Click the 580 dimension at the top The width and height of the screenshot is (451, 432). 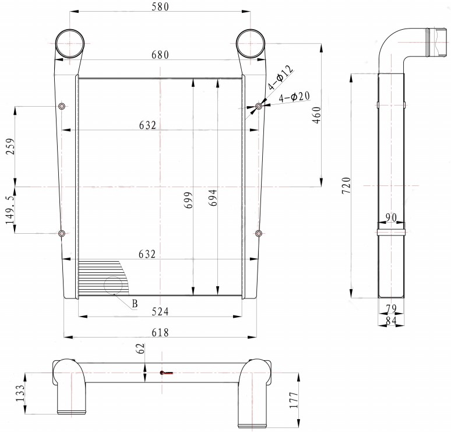click(x=160, y=6)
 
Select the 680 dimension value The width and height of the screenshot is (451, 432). click(x=160, y=55)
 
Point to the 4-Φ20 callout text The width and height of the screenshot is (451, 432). click(x=294, y=97)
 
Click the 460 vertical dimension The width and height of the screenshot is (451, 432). click(x=316, y=115)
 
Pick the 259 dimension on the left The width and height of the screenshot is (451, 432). click(x=10, y=146)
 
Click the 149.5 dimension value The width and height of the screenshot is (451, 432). click(x=10, y=210)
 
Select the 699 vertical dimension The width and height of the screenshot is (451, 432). click(x=188, y=200)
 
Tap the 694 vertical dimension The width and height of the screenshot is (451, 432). click(x=213, y=198)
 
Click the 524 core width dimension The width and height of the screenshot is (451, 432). click(x=160, y=311)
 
